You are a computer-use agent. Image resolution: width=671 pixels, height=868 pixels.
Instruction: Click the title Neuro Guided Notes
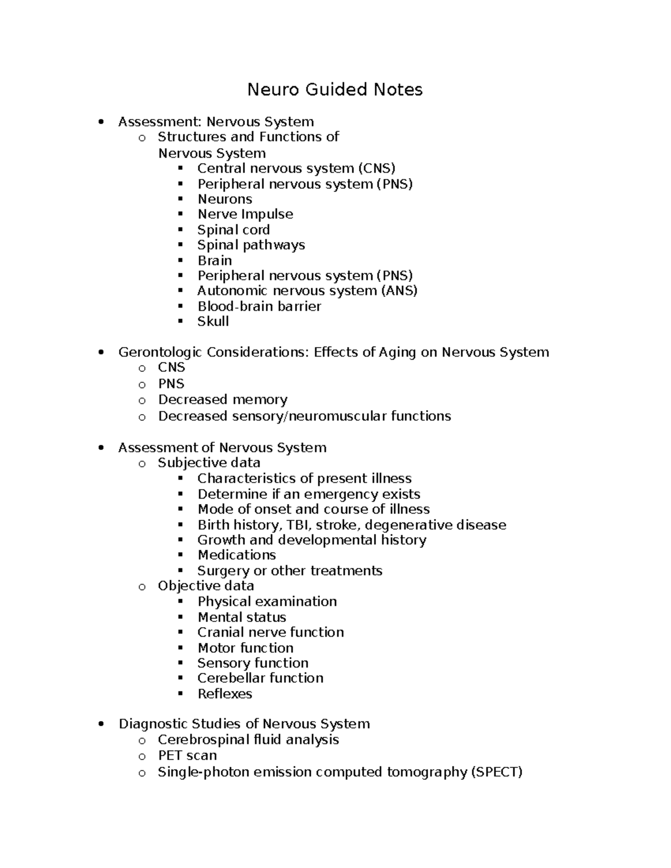335,89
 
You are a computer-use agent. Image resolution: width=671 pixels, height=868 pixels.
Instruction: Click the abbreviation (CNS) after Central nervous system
377,168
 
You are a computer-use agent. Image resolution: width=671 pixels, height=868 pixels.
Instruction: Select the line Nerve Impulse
245,214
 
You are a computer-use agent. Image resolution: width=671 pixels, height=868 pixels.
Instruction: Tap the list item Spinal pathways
251,245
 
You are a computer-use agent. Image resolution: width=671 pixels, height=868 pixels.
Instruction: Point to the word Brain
215,260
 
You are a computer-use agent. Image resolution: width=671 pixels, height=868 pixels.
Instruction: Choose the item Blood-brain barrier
259,306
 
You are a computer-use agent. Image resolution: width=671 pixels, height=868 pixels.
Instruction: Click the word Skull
213,321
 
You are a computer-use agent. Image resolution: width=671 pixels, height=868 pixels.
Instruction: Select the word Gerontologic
160,352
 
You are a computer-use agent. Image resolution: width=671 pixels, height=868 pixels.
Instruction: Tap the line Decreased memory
223,400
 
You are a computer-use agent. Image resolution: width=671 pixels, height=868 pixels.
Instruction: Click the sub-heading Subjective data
209,463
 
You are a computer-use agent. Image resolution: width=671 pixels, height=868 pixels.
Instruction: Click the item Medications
237,555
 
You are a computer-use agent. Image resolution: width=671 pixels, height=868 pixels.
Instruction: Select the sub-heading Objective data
206,586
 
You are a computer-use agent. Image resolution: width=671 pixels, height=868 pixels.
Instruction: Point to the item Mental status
242,617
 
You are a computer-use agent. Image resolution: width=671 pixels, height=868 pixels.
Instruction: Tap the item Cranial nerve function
271,632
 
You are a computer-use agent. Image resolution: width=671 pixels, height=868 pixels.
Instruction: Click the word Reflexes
225,694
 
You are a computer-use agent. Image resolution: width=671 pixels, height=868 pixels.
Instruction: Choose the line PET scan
187,756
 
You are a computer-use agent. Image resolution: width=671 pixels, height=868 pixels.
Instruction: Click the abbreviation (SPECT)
497,772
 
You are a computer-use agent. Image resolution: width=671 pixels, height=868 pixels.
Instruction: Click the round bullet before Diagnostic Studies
101,724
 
